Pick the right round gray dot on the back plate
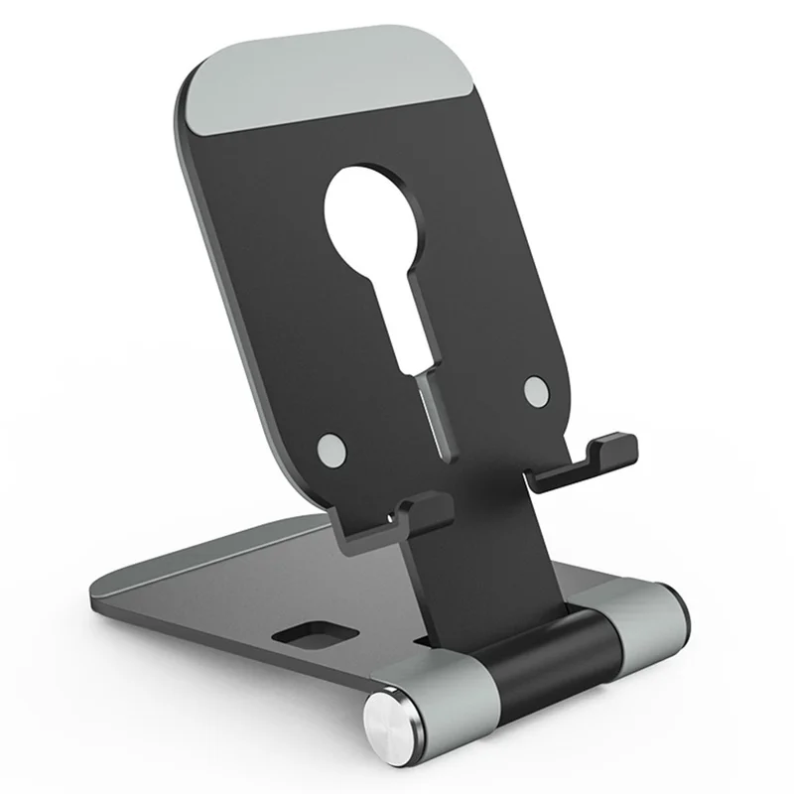(537, 390)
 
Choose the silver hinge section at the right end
(650, 620)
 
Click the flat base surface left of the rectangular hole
(198, 605)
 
